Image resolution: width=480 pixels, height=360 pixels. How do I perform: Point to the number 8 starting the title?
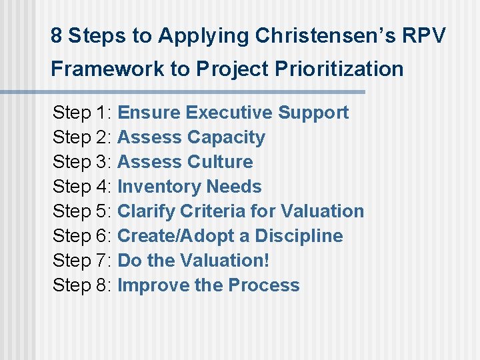[57, 36]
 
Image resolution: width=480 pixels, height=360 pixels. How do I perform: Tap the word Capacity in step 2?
[226, 137]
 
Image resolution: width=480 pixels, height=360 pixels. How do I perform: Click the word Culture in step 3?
[220, 162]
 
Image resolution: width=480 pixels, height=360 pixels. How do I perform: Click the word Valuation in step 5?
[322, 211]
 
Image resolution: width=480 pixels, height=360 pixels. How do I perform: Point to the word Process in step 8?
[263, 285]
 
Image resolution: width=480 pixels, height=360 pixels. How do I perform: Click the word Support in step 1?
[313, 113]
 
